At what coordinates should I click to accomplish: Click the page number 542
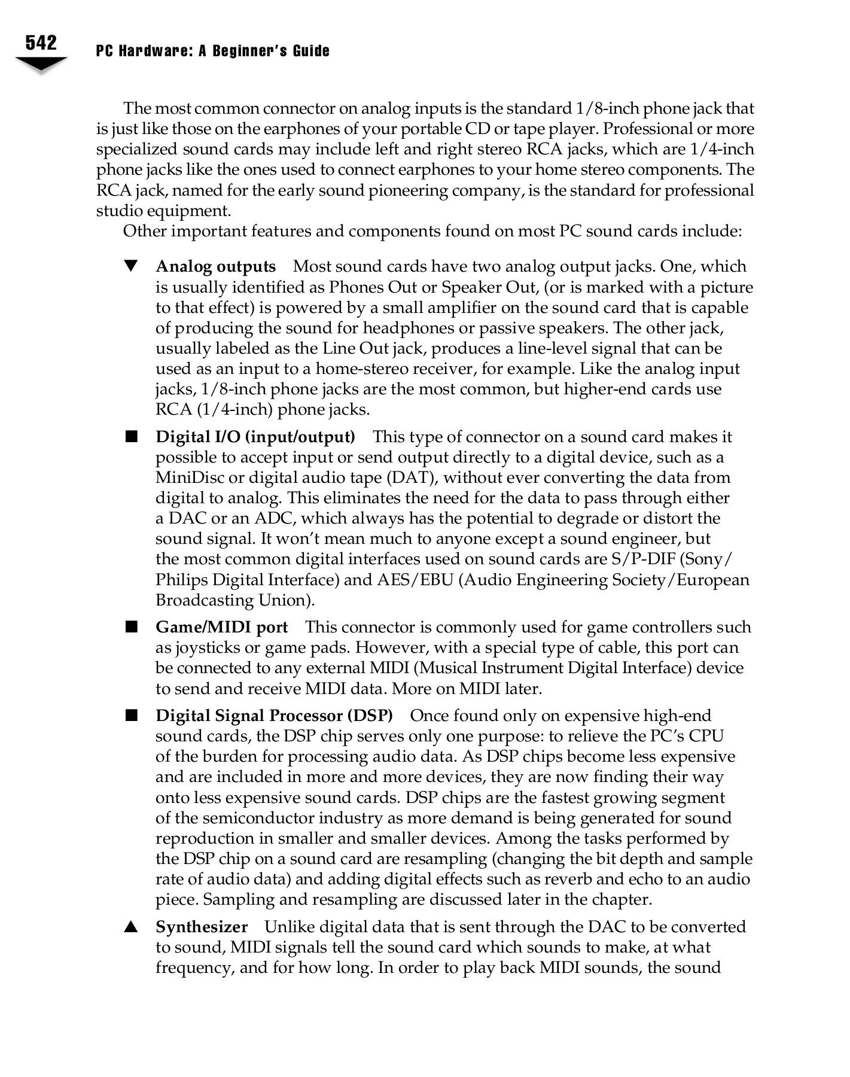(x=41, y=43)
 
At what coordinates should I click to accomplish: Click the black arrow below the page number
(x=41, y=64)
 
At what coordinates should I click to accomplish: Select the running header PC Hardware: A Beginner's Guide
(x=212, y=51)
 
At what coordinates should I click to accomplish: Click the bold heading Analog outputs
(x=215, y=267)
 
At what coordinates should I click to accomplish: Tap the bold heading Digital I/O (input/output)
(x=255, y=437)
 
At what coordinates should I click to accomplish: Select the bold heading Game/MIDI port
(x=221, y=628)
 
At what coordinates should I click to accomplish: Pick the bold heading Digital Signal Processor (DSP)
(x=274, y=716)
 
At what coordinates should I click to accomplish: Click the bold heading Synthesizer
(x=202, y=927)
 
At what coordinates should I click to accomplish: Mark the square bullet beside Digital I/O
(x=131, y=437)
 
